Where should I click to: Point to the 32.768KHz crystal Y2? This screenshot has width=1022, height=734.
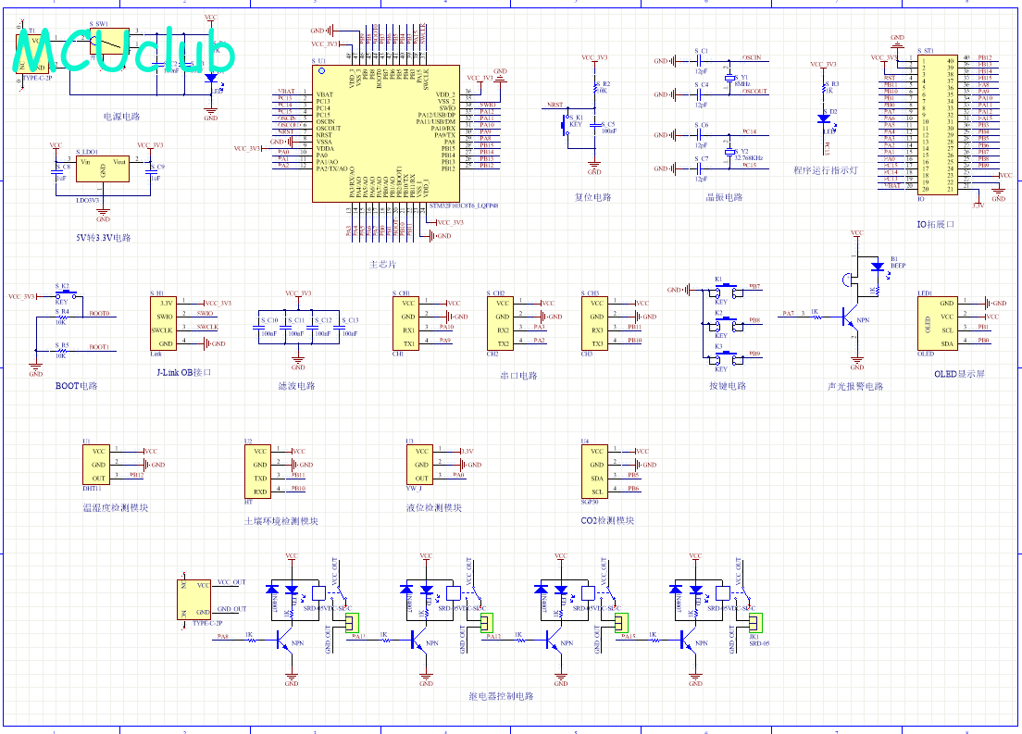coord(729,151)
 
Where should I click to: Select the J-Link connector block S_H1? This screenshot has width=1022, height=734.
coord(166,322)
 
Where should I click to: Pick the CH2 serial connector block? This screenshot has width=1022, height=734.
coord(502,321)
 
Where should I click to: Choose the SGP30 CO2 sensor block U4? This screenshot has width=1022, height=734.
coord(596,471)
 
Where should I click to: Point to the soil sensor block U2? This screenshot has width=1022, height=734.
coord(259,471)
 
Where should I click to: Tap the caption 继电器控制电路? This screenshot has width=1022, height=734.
coord(502,696)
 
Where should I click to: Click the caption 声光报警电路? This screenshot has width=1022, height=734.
coord(855,386)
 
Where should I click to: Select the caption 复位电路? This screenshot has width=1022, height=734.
coord(593,197)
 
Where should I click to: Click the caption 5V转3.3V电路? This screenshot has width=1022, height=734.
coord(103,238)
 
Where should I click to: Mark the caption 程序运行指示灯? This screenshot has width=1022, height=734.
coord(825,170)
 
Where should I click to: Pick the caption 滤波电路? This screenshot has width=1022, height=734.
coord(296,386)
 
